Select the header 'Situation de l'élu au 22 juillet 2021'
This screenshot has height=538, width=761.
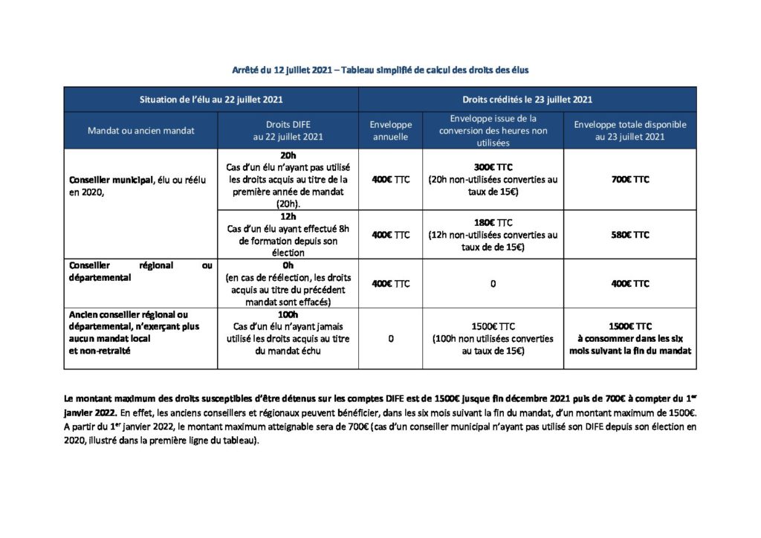point(211,100)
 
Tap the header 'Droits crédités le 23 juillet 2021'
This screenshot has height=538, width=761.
point(527,100)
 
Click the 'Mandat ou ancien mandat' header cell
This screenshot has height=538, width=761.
point(140,131)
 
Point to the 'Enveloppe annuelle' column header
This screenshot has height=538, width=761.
point(390,131)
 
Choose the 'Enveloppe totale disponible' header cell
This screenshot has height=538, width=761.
point(629,131)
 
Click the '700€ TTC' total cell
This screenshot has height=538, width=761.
point(629,180)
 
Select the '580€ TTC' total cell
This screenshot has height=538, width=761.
point(629,235)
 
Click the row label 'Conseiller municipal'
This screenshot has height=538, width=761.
point(108,180)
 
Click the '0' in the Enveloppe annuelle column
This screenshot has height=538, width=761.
point(390,339)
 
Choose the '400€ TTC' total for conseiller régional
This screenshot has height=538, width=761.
point(629,284)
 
